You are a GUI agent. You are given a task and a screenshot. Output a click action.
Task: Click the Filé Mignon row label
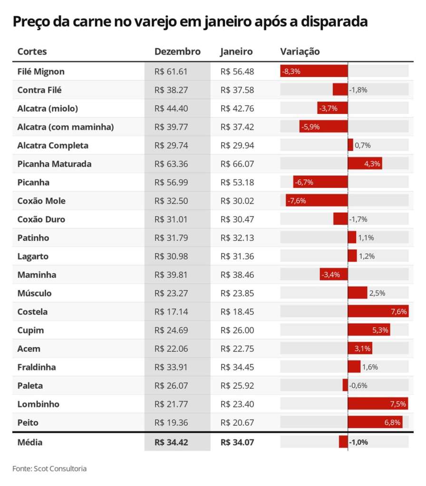[x=41, y=72]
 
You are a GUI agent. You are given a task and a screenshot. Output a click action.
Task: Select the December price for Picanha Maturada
[x=171, y=164]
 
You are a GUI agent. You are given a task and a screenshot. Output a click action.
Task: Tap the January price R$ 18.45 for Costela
[x=237, y=312]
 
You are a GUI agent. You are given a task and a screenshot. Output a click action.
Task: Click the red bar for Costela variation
[x=378, y=312]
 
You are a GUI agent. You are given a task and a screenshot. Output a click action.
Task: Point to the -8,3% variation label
[x=291, y=72]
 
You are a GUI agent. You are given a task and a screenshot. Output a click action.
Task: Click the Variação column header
[x=300, y=52]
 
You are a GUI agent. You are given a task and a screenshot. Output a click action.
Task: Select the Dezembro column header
[x=177, y=52]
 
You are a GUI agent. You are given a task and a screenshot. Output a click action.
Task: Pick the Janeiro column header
[x=236, y=52]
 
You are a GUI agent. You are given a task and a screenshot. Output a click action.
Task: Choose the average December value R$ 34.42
[x=171, y=442]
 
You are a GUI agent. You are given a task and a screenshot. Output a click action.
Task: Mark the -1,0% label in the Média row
[x=358, y=442]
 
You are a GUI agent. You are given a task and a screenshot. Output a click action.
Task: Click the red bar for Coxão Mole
[x=317, y=201]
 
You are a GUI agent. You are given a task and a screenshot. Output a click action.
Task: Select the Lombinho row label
[x=39, y=404]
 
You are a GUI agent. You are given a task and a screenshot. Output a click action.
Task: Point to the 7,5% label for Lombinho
[x=398, y=404]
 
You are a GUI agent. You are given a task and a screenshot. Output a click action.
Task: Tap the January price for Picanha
[x=237, y=182]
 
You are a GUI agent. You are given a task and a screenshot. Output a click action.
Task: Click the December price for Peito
[x=171, y=422]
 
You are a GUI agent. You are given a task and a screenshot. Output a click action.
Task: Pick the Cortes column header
[x=32, y=52]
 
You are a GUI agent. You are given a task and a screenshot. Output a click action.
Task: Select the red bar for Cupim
[x=369, y=330]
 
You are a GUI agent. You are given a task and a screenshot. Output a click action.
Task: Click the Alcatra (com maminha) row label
[x=66, y=127]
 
